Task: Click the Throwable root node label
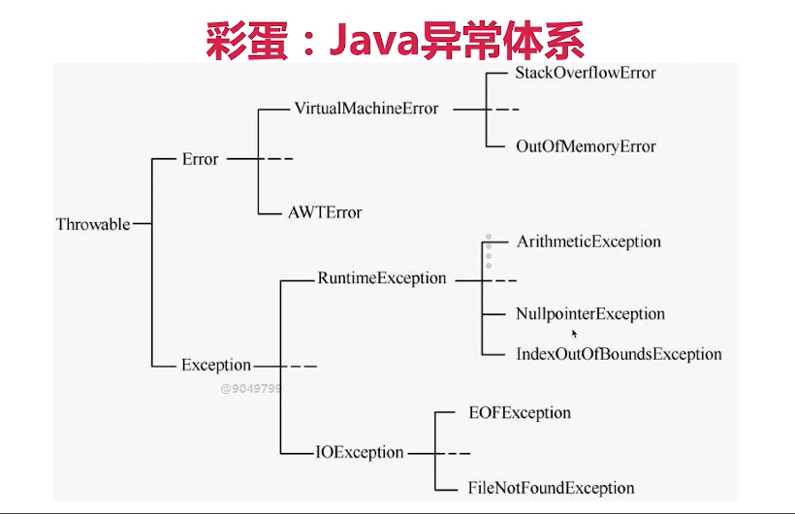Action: [92, 224]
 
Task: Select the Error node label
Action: [200, 159]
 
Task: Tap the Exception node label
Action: [215, 366]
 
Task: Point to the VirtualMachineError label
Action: [366, 109]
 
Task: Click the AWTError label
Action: [324, 212]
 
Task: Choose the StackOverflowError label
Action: [586, 73]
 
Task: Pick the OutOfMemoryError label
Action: [586, 146]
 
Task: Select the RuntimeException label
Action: [382, 278]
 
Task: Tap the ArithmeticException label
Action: [588, 241]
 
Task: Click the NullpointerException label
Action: [590, 314]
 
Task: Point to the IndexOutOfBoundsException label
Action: [619, 354]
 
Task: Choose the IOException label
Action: [360, 452]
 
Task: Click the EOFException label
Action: [519, 413]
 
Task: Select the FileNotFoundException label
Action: [551, 488]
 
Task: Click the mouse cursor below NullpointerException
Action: [575, 334]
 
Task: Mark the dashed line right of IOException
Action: [451, 453]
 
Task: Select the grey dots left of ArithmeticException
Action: [489, 251]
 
